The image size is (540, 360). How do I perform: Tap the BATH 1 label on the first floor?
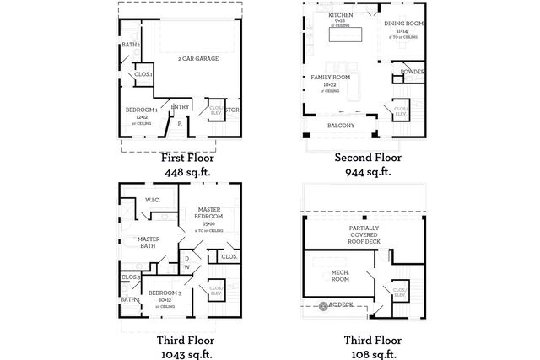[x=131, y=45]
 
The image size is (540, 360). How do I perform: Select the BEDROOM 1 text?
[x=143, y=111]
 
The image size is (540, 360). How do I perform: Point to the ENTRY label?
[x=180, y=106]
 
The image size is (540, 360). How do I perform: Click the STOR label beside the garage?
[x=233, y=110]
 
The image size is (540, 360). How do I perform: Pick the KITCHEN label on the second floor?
[x=341, y=15]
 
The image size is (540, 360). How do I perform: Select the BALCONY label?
[x=340, y=126]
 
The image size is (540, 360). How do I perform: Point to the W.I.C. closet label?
[x=153, y=200]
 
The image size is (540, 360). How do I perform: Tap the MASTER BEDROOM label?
[x=210, y=212]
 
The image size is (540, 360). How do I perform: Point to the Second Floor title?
[x=368, y=158]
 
